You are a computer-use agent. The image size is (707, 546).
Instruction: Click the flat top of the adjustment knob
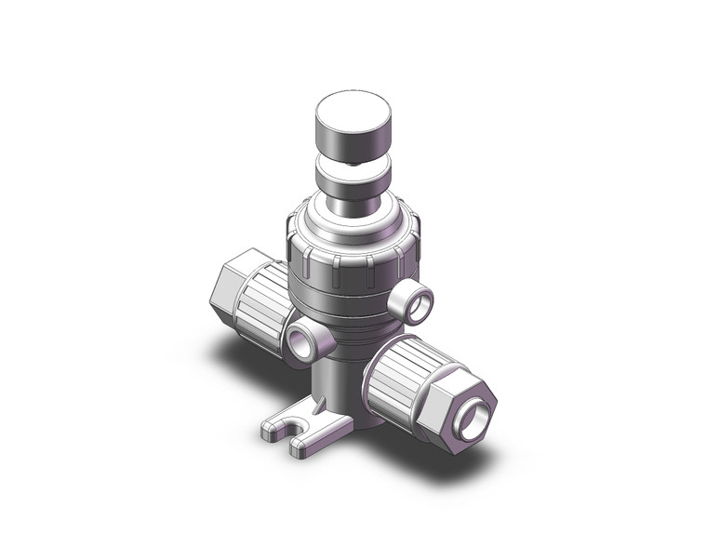coord(353,106)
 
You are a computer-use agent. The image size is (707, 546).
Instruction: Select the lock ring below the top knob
coord(353,172)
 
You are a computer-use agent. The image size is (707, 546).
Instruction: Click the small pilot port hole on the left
coord(304,341)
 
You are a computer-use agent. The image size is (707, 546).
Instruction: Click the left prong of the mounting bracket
coord(273,429)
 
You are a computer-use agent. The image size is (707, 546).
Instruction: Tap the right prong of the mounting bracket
coord(307,447)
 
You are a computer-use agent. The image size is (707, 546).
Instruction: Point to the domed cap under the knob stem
coord(352,220)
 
